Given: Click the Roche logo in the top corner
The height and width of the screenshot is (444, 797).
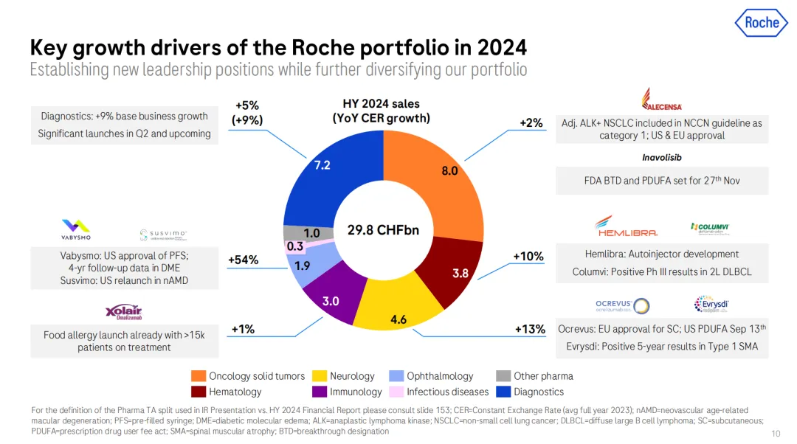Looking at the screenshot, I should click(761, 23).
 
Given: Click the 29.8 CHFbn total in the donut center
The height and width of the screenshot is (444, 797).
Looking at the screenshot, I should click(383, 230).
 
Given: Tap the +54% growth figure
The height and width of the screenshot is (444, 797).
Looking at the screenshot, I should click(242, 260).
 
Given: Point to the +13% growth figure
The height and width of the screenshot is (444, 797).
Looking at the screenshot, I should click(529, 329).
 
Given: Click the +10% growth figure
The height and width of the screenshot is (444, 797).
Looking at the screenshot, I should click(528, 256).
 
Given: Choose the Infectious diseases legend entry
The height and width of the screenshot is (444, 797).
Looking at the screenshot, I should click(440, 392).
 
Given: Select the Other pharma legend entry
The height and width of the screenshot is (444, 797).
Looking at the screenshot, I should click(534, 375).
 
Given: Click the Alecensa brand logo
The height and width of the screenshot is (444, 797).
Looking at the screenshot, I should click(662, 100).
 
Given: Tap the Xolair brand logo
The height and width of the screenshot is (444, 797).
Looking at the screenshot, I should click(124, 313).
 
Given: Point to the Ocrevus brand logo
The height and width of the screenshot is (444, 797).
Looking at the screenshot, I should click(622, 305).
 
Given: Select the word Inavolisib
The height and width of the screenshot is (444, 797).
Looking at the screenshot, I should click(661, 157).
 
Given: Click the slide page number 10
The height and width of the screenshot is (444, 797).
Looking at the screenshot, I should click(775, 433).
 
